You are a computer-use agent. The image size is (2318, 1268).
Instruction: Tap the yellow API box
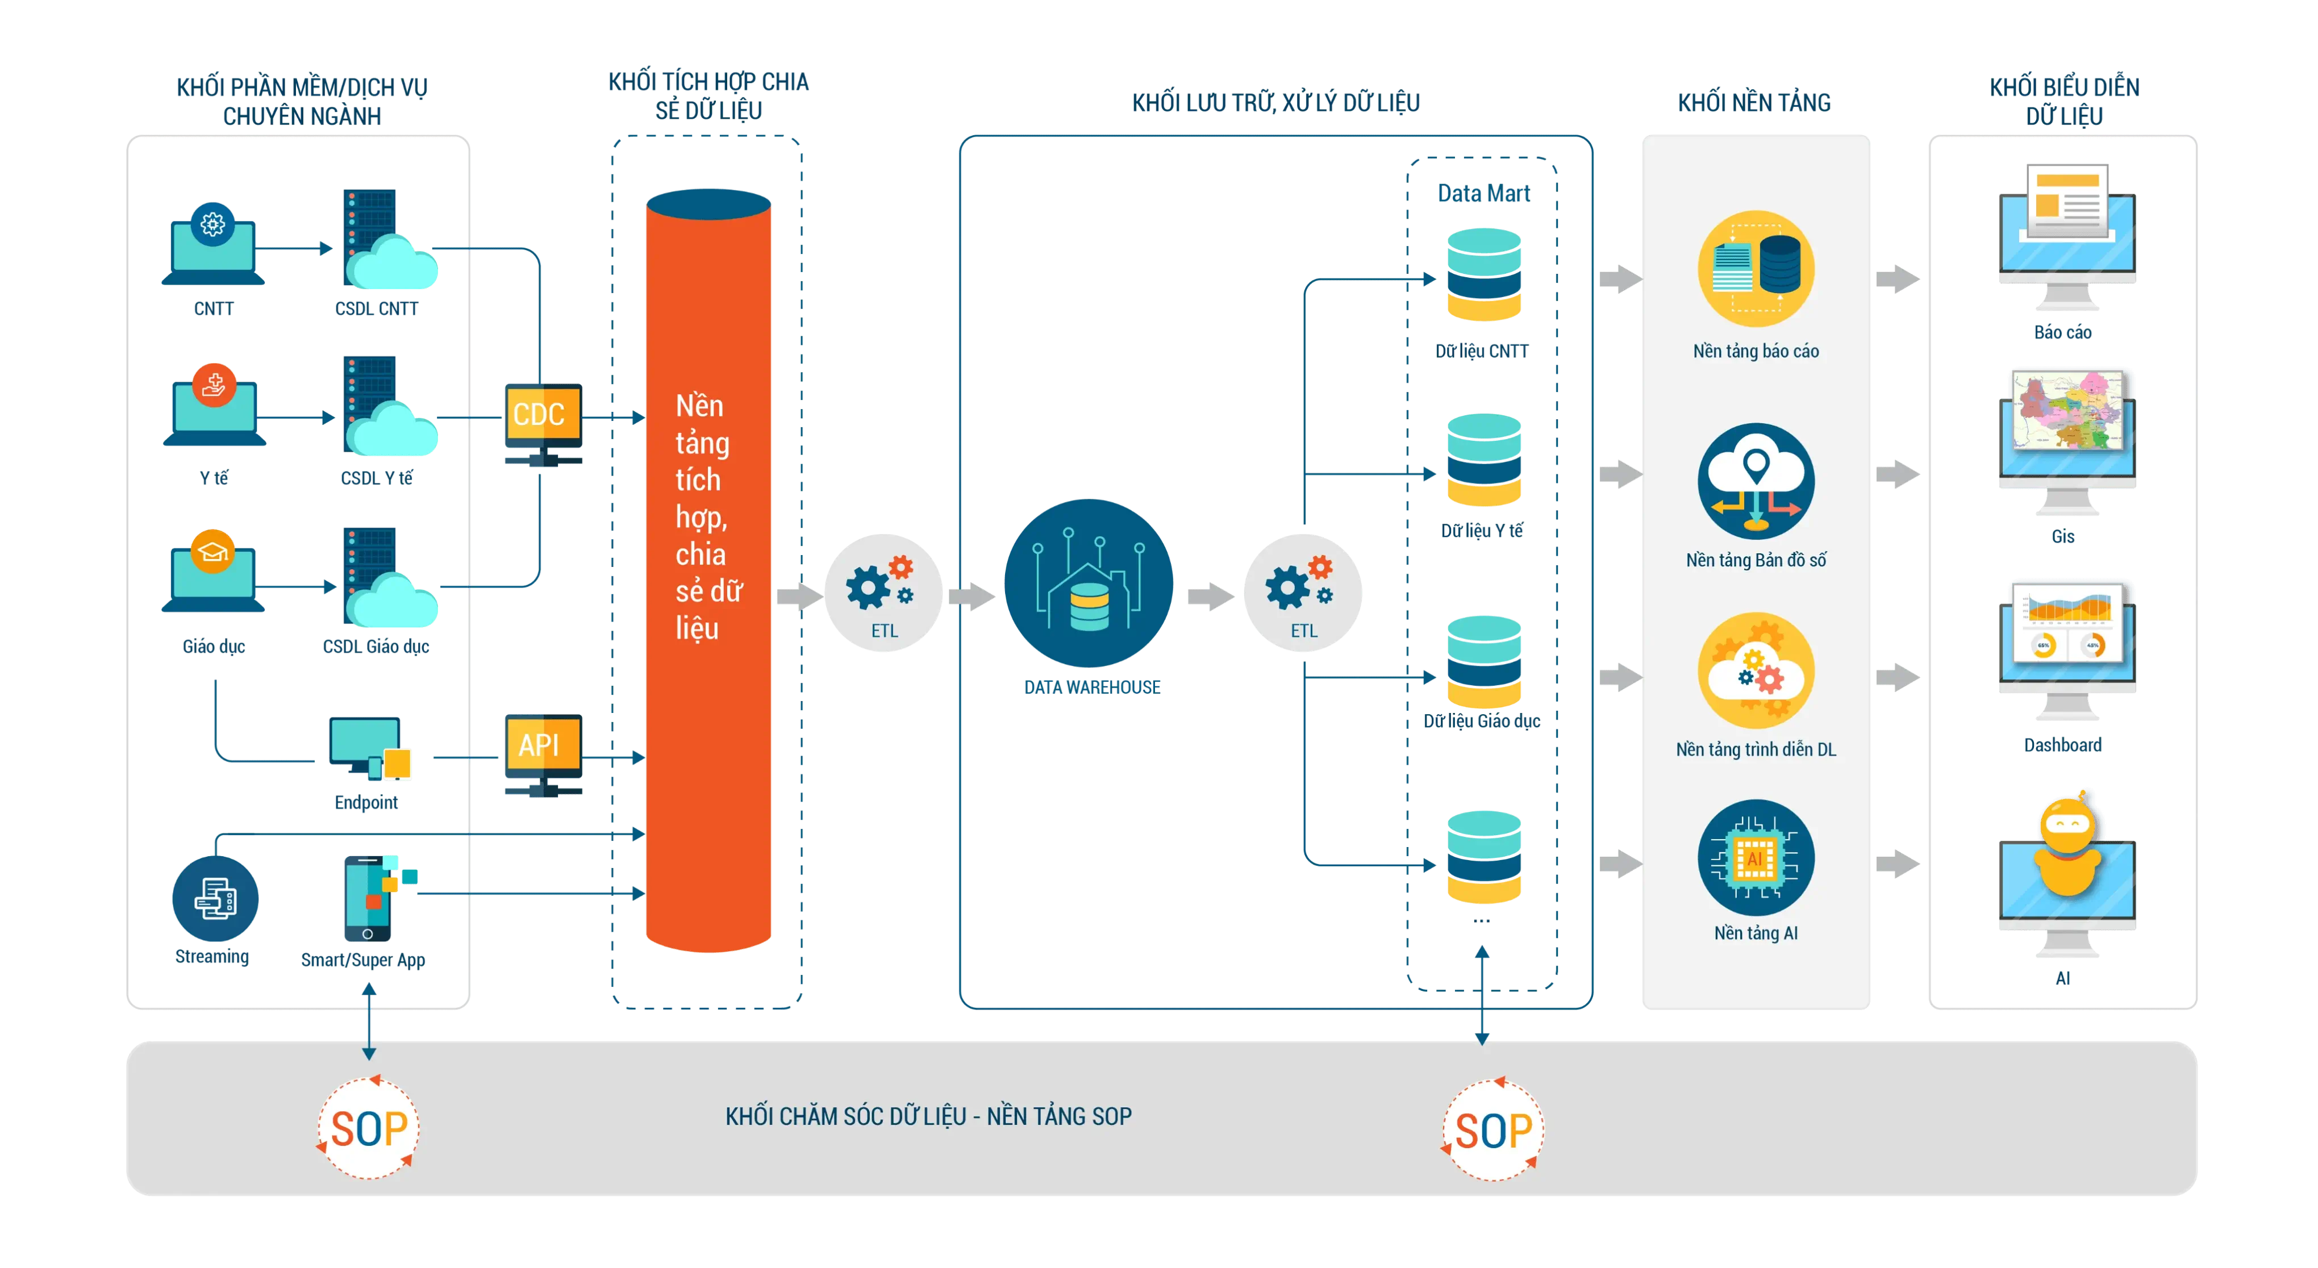pyautogui.click(x=541, y=745)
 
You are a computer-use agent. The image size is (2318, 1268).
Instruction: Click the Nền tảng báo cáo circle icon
pyautogui.click(x=1756, y=268)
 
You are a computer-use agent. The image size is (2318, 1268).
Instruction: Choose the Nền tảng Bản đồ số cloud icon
pyautogui.click(x=1756, y=481)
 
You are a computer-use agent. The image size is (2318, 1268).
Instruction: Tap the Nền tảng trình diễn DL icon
pyautogui.click(x=1756, y=670)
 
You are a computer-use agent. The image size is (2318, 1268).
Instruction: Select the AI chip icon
pyautogui.click(x=1756, y=858)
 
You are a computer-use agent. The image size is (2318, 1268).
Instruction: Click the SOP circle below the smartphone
pyautogui.click(x=369, y=1128)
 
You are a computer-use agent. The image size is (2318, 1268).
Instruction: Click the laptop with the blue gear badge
pyautogui.click(x=213, y=245)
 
